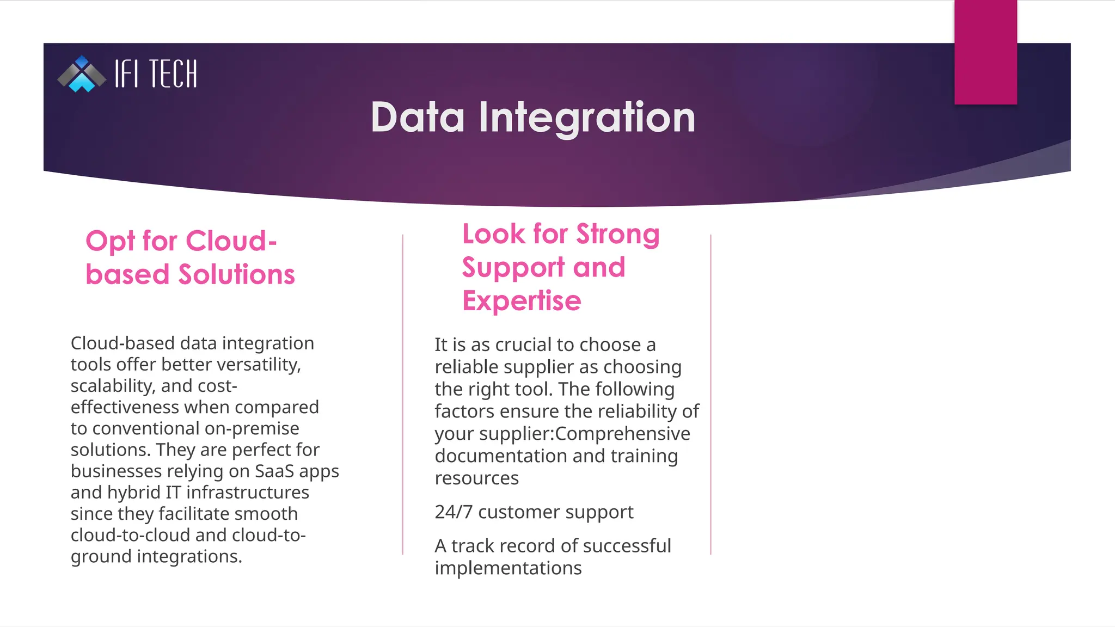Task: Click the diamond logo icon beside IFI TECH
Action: pos(82,74)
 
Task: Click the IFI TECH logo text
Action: pos(156,74)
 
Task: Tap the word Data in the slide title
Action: pos(418,117)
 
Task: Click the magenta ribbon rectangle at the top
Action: pos(985,52)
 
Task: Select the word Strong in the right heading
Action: pos(618,234)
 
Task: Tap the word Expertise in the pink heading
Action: pos(522,301)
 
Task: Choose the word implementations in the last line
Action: pos(507,568)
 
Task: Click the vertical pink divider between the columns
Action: pos(403,395)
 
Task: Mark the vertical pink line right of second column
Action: pos(711,395)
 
